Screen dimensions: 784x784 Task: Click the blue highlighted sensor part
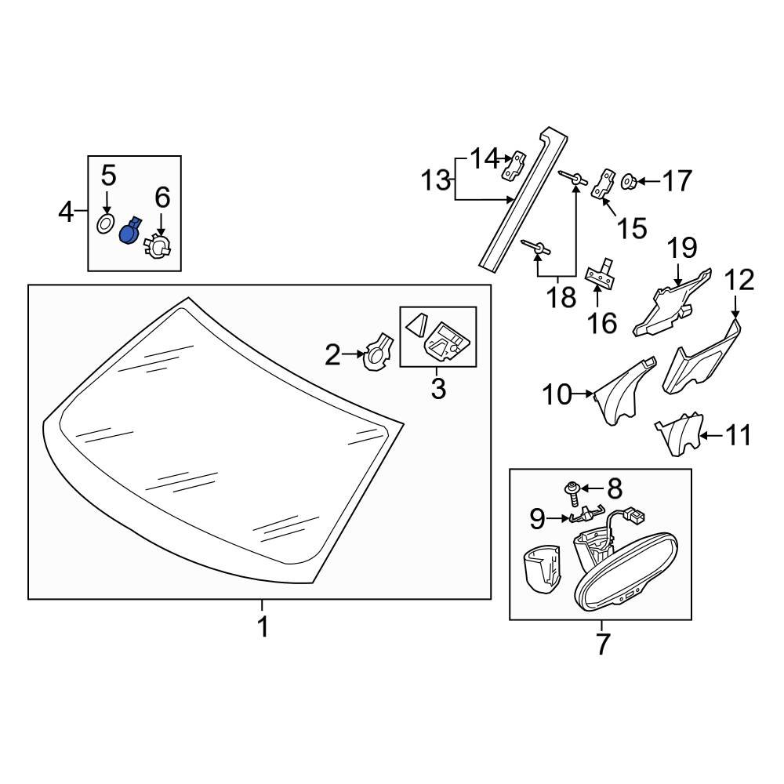click(129, 232)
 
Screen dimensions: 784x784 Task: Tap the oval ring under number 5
click(106, 225)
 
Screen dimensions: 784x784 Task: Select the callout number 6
click(162, 198)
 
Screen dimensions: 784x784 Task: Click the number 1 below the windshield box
click(263, 627)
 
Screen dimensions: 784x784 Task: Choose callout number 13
click(436, 182)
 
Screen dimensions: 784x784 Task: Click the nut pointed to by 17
click(629, 183)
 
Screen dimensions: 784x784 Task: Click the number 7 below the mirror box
click(602, 644)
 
